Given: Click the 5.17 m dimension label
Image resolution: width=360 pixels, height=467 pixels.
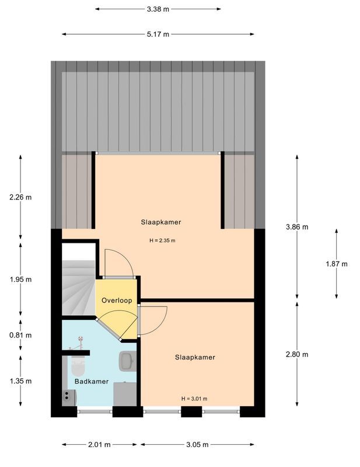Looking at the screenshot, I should point(158,34).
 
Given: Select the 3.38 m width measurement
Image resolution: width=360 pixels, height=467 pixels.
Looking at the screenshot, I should point(158,9).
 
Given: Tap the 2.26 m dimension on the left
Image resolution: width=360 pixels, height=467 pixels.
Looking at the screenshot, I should point(20,197).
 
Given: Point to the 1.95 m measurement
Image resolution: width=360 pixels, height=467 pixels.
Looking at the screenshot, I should point(20,279).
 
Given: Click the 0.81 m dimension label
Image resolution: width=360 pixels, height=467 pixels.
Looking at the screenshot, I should point(20,335).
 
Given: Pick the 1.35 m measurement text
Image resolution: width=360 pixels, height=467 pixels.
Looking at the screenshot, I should point(20,381).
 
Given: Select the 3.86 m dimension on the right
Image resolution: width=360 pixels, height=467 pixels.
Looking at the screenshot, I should point(297,226).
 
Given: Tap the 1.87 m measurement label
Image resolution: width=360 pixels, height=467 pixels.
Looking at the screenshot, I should point(336,264).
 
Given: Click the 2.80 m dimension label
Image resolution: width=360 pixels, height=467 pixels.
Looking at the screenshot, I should point(297,354).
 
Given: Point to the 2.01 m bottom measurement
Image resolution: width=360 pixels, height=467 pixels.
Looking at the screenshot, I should point(99,445).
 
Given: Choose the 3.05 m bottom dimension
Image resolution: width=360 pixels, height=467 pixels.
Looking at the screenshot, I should point(197,445).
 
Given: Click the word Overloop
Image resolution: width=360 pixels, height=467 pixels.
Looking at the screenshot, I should point(116,301).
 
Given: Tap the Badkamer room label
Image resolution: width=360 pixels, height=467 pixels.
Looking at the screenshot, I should point(91,381).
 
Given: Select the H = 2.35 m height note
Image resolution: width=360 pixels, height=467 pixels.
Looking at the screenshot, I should point(162,241).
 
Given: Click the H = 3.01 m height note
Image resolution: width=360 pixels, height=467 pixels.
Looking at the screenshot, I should point(194,399).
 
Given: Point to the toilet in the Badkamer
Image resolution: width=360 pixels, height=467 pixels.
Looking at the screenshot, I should point(78,367).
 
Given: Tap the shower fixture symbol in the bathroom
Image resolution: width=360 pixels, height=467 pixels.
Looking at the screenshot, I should point(80,342).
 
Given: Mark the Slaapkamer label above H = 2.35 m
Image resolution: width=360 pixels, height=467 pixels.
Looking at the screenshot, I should point(160,222).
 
